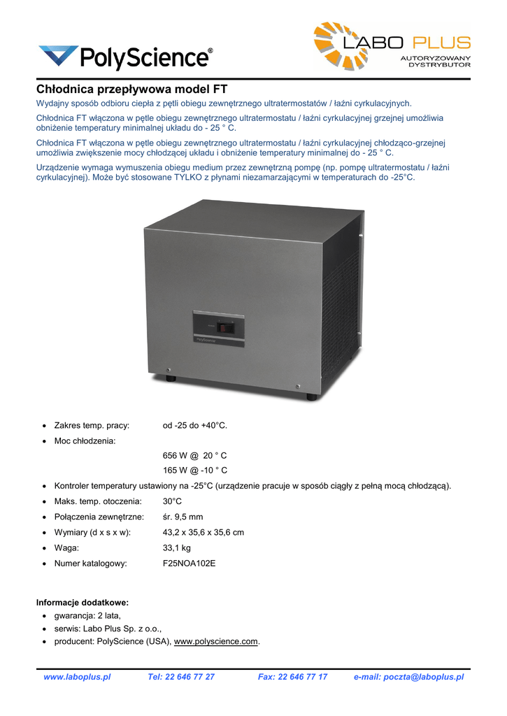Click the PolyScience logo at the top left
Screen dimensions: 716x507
(x=126, y=57)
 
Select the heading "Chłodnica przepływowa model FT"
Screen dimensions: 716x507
(x=132, y=89)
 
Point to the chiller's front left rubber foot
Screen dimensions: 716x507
(x=171, y=378)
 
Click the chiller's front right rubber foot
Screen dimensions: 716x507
(x=312, y=396)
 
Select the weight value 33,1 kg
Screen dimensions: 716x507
(x=176, y=547)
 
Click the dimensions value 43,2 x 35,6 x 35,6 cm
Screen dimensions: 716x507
(x=203, y=532)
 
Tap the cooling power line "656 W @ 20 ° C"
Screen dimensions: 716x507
(x=194, y=455)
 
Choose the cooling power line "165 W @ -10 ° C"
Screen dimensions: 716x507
(x=194, y=471)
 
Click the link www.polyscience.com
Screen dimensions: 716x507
(x=216, y=641)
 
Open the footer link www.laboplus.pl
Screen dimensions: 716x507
(x=77, y=677)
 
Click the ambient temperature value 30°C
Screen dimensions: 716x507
(x=173, y=501)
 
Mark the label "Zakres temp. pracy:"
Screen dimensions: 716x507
(x=97, y=425)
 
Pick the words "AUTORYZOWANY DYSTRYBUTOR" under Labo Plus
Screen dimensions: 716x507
(x=435, y=61)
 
